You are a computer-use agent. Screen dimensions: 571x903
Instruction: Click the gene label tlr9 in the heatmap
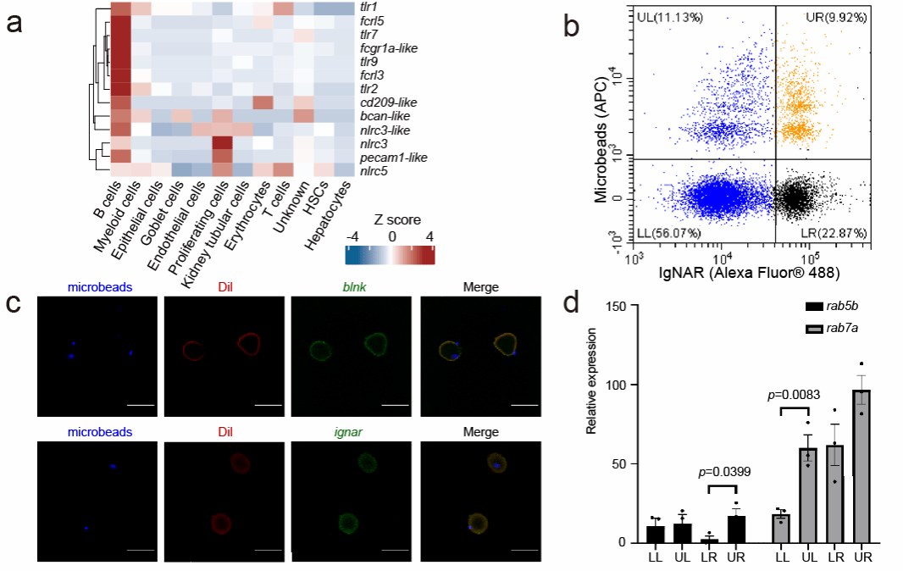click(x=368, y=61)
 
